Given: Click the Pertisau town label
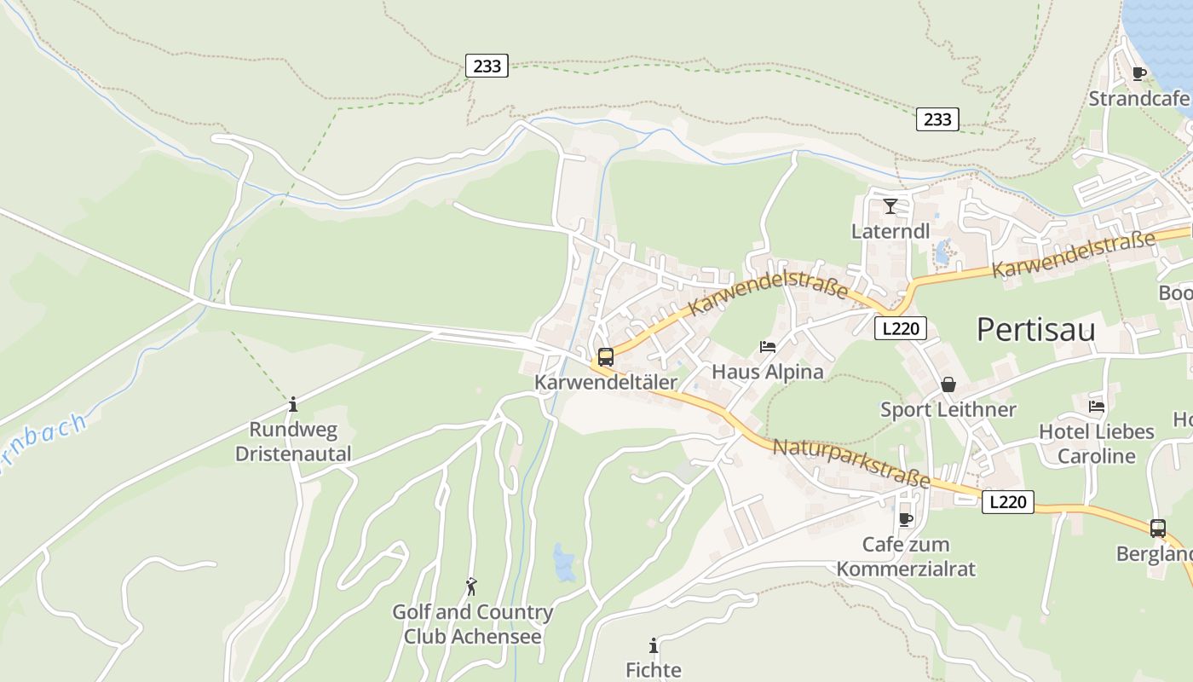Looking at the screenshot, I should click(x=1035, y=329).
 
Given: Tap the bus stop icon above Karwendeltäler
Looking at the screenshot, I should click(x=606, y=357).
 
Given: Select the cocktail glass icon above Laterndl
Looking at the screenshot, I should click(x=890, y=205).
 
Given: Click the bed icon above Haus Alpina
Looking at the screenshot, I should click(x=768, y=347).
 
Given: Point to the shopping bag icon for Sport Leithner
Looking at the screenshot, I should click(x=948, y=385).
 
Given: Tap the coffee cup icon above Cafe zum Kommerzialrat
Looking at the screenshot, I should click(x=906, y=518).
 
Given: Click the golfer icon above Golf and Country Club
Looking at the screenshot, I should click(x=471, y=587).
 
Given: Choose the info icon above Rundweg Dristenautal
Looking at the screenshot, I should click(x=293, y=404).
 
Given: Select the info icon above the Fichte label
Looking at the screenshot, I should click(x=654, y=645).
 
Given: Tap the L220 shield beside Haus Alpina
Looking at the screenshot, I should click(x=900, y=328).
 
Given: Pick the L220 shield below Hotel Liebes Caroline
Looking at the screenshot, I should click(x=1007, y=502).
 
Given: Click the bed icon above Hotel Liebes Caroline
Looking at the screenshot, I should click(x=1097, y=407).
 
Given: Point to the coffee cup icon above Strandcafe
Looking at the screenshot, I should click(x=1138, y=73).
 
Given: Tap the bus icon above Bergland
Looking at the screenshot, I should click(x=1157, y=528).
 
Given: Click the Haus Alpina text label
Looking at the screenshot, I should click(x=768, y=372).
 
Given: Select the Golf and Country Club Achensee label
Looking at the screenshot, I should click(x=472, y=624).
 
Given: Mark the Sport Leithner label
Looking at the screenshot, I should click(x=948, y=410).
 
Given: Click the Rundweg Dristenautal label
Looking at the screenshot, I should click(x=293, y=442).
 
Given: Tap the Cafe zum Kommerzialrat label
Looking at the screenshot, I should click(x=905, y=557).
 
